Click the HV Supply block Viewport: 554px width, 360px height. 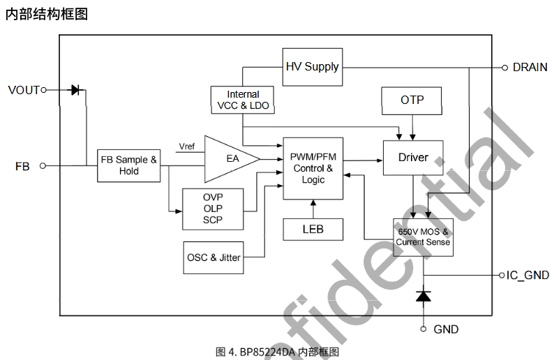312,67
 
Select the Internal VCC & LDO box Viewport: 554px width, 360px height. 242,100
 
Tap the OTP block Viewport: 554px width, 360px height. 412,100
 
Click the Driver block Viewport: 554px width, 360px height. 413,158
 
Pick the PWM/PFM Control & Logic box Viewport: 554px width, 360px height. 313,168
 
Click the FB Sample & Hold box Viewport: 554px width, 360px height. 128,165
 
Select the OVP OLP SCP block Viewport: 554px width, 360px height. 212,209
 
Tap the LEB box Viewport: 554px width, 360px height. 313,228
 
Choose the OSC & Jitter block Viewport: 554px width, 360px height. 213,257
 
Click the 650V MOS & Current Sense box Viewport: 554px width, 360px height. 423,237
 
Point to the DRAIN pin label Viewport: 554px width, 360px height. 530,68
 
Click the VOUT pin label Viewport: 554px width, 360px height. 24,90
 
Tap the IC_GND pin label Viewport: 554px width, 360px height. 527,276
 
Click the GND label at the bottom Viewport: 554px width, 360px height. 446,329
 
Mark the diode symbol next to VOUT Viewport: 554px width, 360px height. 76,89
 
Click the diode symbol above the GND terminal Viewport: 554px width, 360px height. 423,296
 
